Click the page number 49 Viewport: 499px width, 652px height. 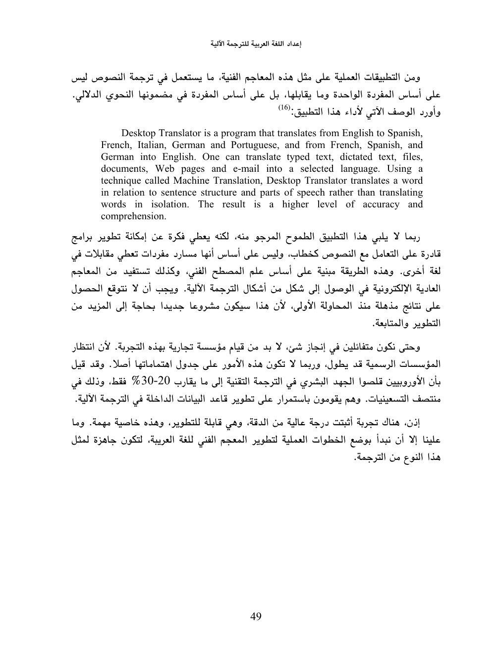click(256, 616)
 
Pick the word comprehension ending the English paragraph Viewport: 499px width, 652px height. click(133, 216)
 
